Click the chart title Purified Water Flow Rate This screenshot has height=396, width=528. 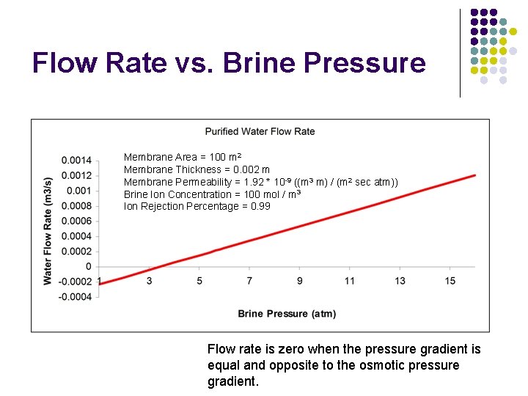[260, 131]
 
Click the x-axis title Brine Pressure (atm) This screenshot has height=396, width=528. [287, 314]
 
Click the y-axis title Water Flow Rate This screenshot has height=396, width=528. [48, 230]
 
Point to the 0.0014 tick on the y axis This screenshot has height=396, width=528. [76, 161]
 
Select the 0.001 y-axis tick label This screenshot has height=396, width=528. [79, 191]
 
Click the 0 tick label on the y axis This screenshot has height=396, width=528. [88, 267]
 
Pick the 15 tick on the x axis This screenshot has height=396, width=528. [450, 281]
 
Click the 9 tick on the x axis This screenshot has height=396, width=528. [299, 281]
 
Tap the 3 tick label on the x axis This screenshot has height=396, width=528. [149, 281]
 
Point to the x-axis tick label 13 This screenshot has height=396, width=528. [400, 281]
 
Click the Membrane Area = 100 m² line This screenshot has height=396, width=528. [183, 157]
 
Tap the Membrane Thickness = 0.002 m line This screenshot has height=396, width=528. [197, 169]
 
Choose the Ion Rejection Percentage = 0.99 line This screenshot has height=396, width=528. [197, 206]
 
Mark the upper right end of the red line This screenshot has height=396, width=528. [475, 175]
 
